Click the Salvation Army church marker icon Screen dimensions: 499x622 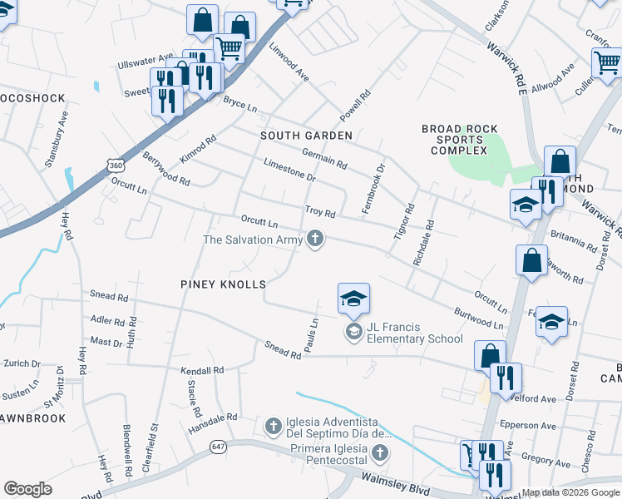coord(314,240)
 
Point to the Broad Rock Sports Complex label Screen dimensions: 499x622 coord(460,140)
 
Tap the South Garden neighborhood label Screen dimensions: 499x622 coord(306,135)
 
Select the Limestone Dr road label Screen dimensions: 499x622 coord(289,170)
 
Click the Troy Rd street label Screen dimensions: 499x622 coord(320,212)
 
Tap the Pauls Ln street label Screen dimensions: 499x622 coord(311,334)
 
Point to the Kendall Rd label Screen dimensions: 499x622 coord(202,370)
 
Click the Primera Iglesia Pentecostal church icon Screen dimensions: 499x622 coord(380,453)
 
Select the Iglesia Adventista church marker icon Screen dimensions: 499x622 coord(272,427)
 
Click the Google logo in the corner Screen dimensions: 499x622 coord(27,489)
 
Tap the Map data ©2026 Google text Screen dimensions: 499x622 coord(570,492)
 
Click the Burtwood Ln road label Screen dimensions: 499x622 coord(479,319)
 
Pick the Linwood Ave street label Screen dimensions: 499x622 coord(288,62)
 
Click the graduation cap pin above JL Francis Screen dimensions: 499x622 coord(353,299)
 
